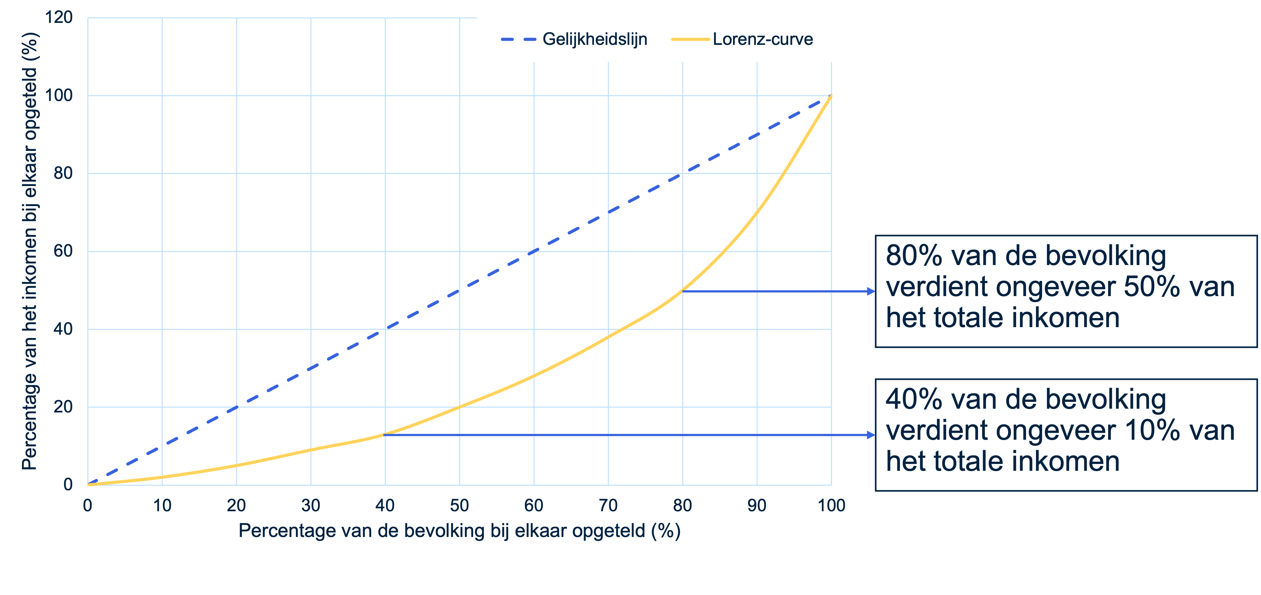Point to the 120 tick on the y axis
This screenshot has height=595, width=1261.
(x=59, y=18)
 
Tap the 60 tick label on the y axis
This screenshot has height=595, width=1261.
(x=63, y=251)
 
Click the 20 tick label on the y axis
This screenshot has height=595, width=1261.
(x=63, y=406)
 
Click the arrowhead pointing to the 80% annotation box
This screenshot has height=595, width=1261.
(x=871, y=291)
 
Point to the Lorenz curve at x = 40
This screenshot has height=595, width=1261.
(x=385, y=434)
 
